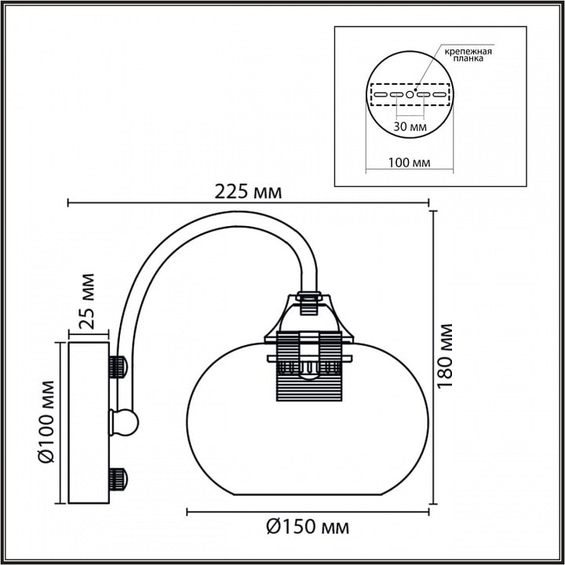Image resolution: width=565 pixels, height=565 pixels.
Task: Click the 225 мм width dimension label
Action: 248,191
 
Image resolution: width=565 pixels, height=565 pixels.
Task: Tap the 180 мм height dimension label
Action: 445,355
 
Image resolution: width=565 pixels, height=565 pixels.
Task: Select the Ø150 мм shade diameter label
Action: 308,527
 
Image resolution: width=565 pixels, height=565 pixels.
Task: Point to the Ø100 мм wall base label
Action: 46,421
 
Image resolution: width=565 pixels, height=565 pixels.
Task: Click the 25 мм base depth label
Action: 87,301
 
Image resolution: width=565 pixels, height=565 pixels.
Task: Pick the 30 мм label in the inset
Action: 410,127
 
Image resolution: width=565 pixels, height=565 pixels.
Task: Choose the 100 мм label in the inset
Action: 409,162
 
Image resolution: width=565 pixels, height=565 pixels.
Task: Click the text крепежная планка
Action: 468,55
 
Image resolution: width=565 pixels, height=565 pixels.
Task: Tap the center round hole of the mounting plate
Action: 410,94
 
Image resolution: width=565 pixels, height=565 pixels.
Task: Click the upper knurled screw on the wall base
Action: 118,366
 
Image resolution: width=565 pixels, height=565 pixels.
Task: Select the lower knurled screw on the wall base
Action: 118,479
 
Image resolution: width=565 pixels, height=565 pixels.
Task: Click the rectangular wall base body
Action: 89,423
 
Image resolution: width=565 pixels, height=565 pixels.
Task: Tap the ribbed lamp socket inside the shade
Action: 309,366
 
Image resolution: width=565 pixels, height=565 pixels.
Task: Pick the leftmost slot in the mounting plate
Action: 381,95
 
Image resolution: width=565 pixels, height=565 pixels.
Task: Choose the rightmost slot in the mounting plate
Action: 439,95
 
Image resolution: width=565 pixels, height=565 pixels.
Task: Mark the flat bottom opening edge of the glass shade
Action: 308,494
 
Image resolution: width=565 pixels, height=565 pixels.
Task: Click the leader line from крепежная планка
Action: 428,67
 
